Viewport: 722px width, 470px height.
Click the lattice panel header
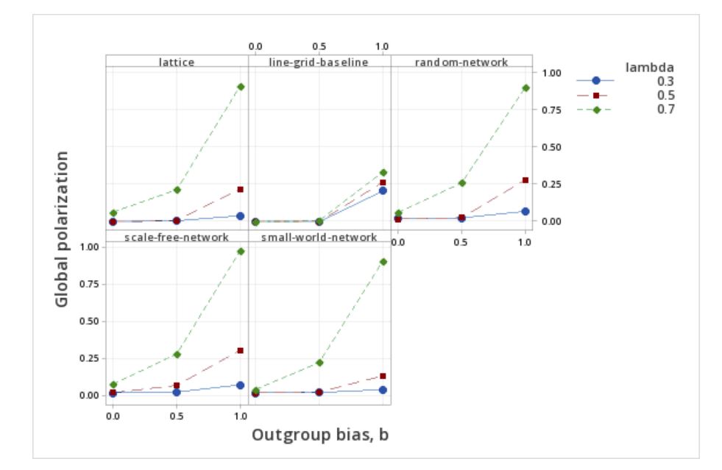[177, 62]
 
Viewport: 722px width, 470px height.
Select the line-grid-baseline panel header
[319, 62]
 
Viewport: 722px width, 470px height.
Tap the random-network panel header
[461, 62]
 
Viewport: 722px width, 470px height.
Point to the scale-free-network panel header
[177, 237]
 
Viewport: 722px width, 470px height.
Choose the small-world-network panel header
[319, 237]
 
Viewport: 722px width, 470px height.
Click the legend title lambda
[650, 68]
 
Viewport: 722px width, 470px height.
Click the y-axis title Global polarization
[63, 229]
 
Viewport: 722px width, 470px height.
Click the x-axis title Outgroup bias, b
[320, 435]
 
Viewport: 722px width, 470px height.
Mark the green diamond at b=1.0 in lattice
[241, 87]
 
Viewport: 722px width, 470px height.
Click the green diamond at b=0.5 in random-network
[461, 182]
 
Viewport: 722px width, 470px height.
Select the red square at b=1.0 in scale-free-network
[241, 350]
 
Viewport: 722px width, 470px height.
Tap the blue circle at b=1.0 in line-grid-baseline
[383, 191]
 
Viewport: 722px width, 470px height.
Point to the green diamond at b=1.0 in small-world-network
[383, 261]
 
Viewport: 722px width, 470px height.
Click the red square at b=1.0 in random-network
[525, 180]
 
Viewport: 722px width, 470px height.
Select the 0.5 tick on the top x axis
[319, 47]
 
